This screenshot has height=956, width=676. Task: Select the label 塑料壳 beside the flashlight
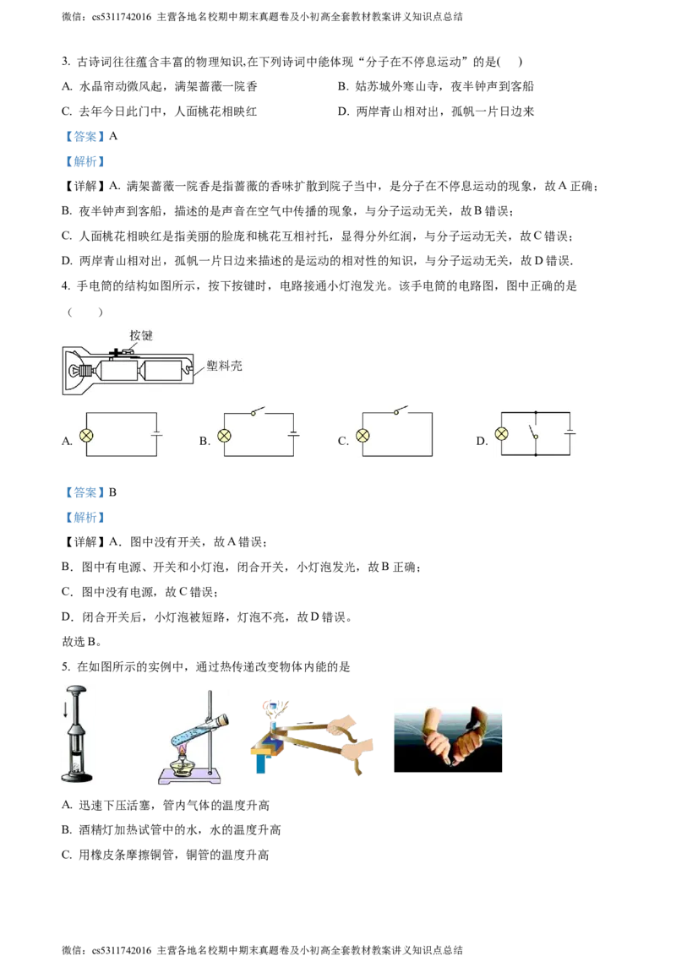click(224, 367)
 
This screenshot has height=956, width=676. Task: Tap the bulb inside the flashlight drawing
click(74, 370)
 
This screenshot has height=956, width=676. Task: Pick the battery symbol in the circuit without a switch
click(157, 435)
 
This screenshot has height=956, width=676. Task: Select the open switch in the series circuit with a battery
click(257, 412)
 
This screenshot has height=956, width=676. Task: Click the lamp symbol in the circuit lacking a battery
click(362, 435)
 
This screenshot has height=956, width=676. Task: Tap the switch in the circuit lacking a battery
click(400, 411)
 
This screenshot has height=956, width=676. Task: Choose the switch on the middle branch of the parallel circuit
click(534, 432)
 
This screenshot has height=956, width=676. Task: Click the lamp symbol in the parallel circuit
click(502, 434)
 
